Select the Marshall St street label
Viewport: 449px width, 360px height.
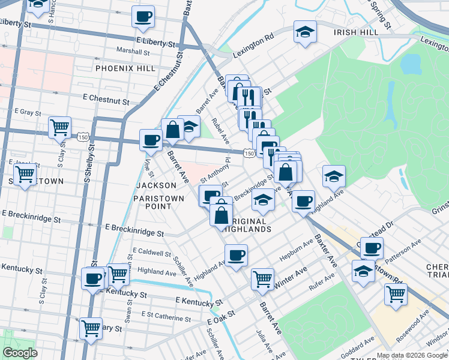tap(133, 52)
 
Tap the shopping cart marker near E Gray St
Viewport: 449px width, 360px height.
tap(60, 127)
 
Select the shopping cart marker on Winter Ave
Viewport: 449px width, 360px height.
tap(263, 278)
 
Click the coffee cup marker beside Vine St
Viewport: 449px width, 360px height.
tap(151, 140)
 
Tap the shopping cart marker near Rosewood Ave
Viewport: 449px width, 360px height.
tap(396, 293)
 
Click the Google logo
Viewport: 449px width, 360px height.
tap(20, 353)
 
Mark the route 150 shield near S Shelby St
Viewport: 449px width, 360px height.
tap(83, 137)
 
